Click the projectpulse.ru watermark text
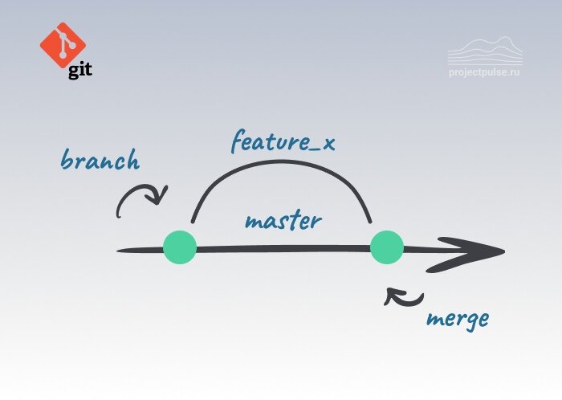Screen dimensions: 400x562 click(484, 71)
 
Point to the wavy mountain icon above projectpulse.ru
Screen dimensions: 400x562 click(484, 50)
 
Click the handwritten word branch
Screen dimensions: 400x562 click(100, 161)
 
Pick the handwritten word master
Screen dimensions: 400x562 click(283, 220)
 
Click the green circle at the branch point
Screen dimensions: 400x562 click(179, 247)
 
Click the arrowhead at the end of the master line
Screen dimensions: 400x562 click(482, 252)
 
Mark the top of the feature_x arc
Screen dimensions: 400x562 click(281, 165)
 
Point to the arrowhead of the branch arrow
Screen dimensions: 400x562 click(162, 196)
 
